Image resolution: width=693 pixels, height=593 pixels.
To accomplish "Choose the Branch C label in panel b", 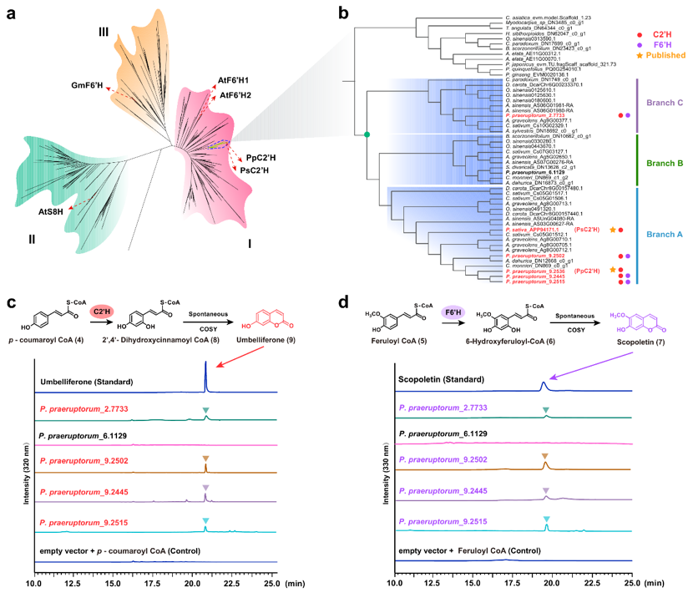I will point(665,103).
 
